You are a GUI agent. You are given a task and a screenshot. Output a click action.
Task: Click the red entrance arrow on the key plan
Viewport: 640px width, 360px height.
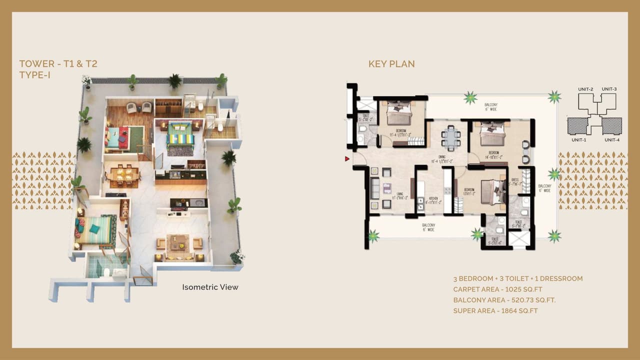pyautogui.click(x=347, y=159)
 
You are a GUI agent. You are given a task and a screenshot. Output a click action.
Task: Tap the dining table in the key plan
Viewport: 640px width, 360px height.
pyautogui.click(x=451, y=137)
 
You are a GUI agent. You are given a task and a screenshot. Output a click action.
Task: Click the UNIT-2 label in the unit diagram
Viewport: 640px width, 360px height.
pyautogui.click(x=585, y=89)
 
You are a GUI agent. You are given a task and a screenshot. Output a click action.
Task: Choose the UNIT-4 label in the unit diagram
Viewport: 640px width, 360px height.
pyautogui.click(x=612, y=140)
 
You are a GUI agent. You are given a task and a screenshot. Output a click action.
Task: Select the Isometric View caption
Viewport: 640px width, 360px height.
pyautogui.click(x=210, y=287)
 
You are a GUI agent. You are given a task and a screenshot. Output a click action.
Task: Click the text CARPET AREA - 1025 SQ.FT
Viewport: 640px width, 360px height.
pyautogui.click(x=497, y=289)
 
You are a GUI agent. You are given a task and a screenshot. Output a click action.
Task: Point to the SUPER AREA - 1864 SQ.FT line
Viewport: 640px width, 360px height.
pyautogui.click(x=495, y=310)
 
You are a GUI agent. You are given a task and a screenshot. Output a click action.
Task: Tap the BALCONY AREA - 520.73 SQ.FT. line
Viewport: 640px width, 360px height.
pyautogui.click(x=504, y=300)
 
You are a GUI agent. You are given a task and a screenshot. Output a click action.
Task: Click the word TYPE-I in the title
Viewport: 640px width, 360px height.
pyautogui.click(x=35, y=75)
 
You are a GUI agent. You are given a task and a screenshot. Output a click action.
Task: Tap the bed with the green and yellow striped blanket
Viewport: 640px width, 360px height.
pyautogui.click(x=179, y=133)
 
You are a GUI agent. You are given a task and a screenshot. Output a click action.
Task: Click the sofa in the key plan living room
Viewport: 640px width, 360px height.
pyautogui.click(x=374, y=188)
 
